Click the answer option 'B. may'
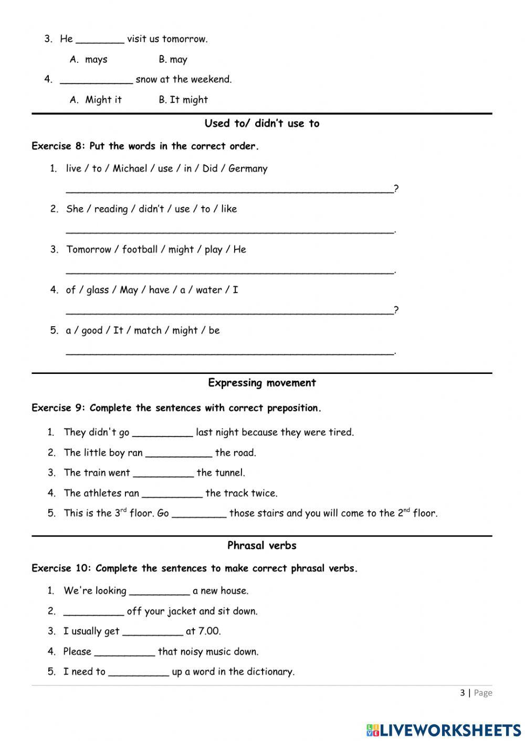[173, 60]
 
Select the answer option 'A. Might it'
[96, 100]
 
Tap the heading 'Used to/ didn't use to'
[261, 124]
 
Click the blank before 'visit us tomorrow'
[100, 39]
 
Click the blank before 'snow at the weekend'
[96, 80]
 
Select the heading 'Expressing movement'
[261, 383]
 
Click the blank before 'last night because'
[162, 433]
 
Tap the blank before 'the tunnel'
[163, 474]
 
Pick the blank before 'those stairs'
[199, 514]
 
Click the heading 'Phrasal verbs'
[261, 546]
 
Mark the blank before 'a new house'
[159, 592]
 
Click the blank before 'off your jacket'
[93, 612]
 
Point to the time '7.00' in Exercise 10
[209, 631]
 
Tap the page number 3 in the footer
[462, 693]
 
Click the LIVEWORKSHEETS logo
[443, 729]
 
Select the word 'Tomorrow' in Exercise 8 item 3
[89, 250]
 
